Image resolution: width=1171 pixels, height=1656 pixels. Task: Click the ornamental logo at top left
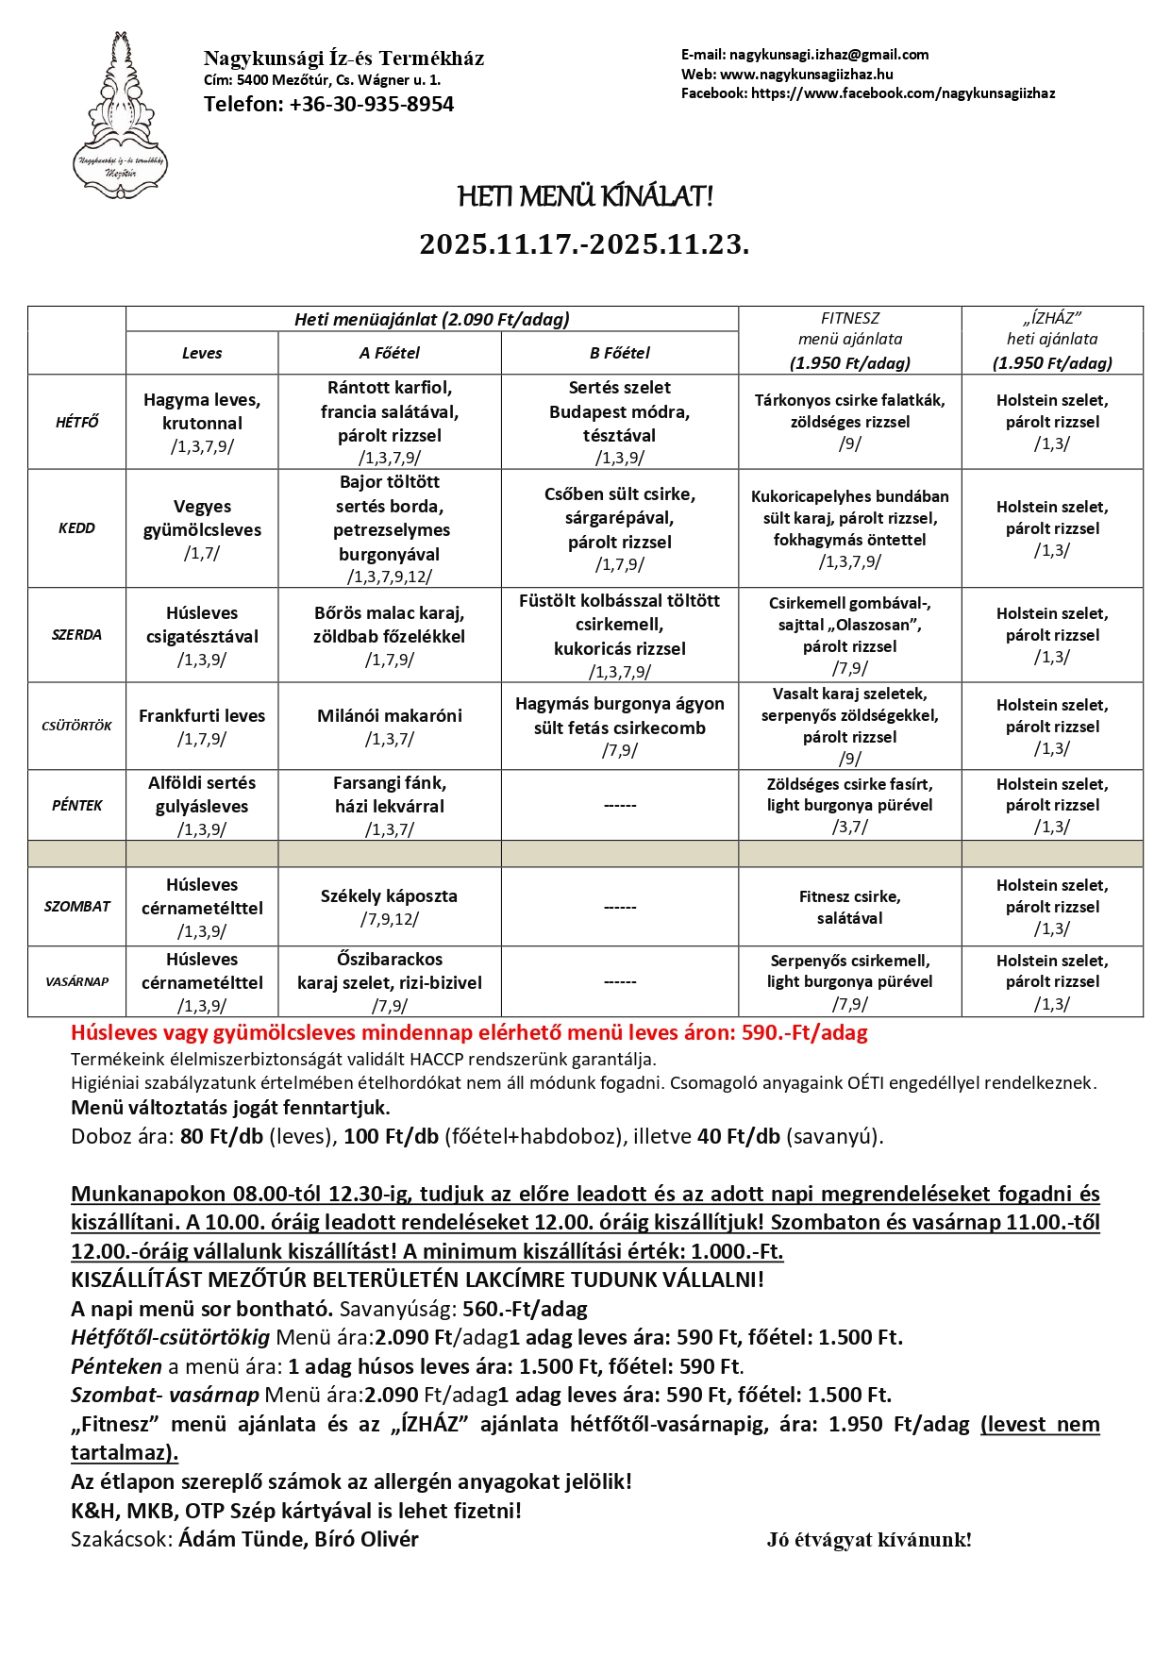(x=120, y=116)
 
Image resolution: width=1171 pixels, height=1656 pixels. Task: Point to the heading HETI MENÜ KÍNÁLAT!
(x=585, y=196)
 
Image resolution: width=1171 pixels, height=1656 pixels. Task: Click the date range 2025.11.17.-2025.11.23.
(x=584, y=244)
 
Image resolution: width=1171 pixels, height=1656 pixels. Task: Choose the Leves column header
(x=202, y=353)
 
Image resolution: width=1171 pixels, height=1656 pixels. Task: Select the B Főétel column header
(x=619, y=353)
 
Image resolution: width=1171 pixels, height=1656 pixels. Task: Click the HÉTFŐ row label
(x=76, y=422)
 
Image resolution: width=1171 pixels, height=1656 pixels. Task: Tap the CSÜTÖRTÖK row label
(x=76, y=726)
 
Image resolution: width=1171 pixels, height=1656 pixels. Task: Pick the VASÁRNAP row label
(x=76, y=981)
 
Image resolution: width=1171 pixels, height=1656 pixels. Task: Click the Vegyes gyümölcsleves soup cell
(x=202, y=528)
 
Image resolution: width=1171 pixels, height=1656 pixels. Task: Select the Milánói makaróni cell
(x=389, y=726)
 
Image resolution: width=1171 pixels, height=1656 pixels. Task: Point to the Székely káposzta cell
(x=389, y=906)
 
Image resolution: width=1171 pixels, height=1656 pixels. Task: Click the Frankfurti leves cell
(x=202, y=726)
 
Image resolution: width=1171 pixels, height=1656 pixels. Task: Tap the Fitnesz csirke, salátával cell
(x=849, y=907)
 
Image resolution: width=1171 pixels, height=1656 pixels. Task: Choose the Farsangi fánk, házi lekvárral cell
(x=389, y=805)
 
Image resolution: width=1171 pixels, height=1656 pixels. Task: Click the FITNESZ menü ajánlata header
(x=849, y=340)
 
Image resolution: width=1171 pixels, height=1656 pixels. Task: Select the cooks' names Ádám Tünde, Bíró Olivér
(x=298, y=1539)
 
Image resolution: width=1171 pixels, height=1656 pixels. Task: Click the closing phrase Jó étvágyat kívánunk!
(x=868, y=1540)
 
